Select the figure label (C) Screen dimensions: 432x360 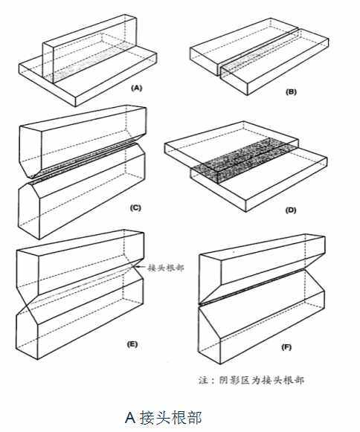pyautogui.click(x=135, y=207)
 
